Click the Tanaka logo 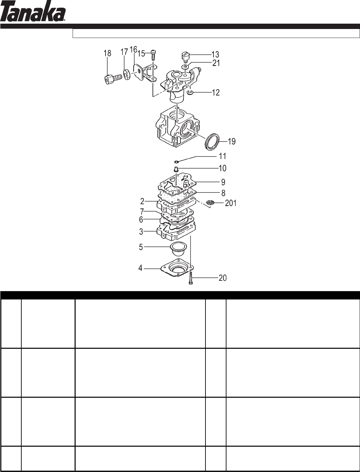33,13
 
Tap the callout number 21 216,63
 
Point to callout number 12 216,92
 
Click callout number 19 231,142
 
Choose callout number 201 230,203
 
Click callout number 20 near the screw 222,277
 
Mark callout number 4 141,268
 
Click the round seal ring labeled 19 213,141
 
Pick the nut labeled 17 127,75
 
